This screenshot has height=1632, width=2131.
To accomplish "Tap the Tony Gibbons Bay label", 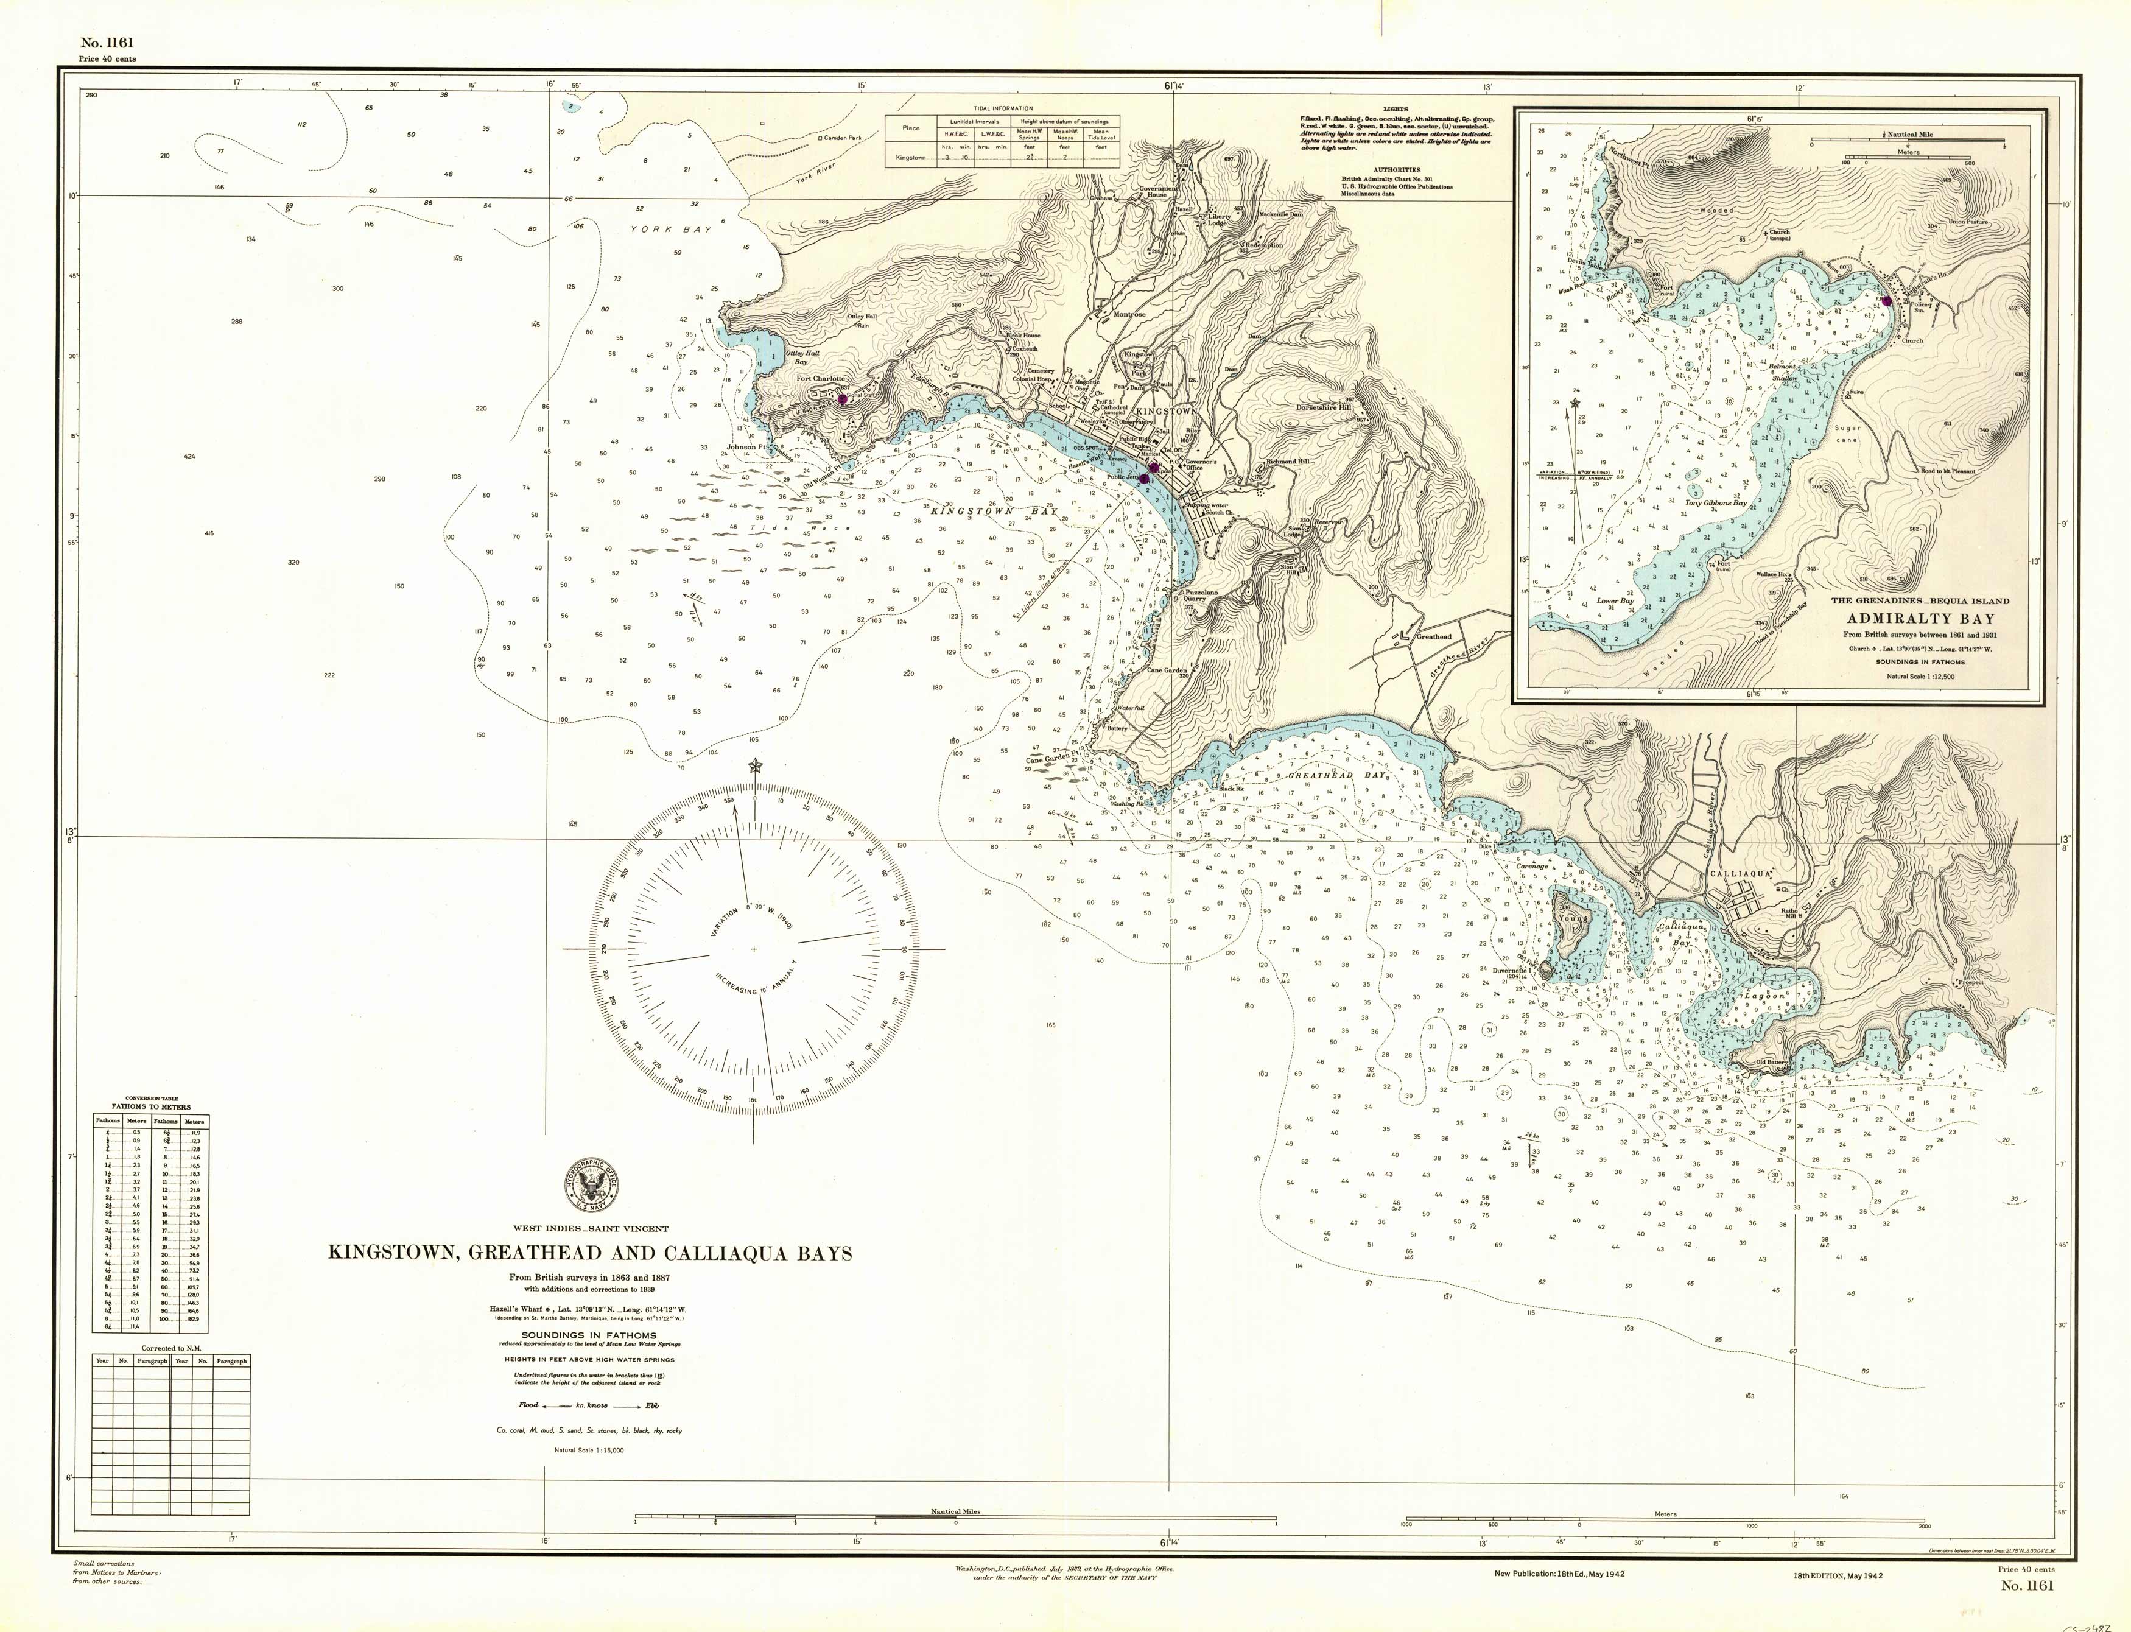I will (1715, 503).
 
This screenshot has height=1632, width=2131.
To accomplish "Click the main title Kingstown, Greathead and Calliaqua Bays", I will (589, 1253).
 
